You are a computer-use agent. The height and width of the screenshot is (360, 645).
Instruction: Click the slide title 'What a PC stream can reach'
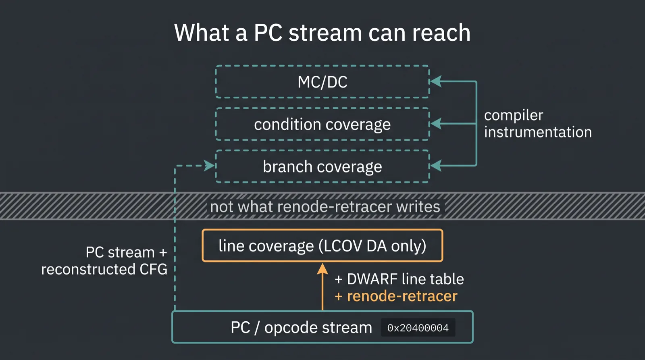click(322, 33)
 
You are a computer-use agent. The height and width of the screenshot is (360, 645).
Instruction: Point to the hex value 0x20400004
click(418, 328)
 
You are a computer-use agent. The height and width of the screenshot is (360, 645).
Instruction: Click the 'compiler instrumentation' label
click(538, 123)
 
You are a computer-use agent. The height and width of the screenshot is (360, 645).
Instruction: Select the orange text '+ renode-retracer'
click(396, 296)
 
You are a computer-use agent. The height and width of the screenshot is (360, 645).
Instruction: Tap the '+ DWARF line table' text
click(399, 279)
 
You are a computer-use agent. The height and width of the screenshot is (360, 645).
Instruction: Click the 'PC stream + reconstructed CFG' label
click(104, 261)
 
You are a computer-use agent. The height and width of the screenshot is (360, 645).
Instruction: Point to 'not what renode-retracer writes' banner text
click(325, 206)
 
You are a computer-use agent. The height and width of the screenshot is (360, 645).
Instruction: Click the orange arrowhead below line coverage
click(322, 268)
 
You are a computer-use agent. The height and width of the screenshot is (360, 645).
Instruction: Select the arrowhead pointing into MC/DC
click(436, 81)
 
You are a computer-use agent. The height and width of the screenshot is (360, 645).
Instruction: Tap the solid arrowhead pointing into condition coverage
click(436, 124)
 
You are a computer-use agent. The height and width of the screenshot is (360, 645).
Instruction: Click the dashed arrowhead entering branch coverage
click(209, 166)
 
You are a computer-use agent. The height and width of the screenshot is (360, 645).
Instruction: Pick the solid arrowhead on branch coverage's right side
click(436, 166)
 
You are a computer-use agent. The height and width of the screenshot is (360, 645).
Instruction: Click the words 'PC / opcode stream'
click(301, 327)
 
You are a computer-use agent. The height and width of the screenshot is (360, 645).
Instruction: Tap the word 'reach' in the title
click(441, 33)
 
